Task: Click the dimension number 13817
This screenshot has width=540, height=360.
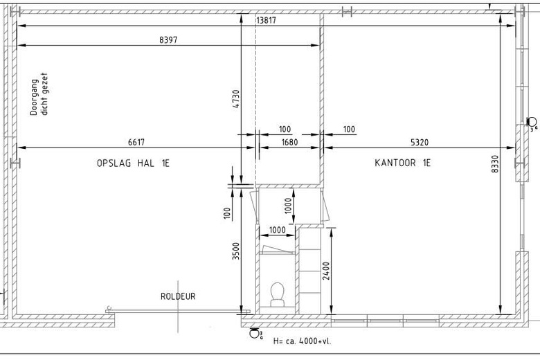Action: click(267, 20)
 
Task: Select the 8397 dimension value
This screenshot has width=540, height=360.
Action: click(168, 40)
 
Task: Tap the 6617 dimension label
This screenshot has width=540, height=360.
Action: click(136, 142)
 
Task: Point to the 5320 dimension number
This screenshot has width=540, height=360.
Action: click(420, 143)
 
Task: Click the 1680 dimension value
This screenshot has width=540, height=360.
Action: click(289, 143)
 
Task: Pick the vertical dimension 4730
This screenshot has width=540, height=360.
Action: click(236, 99)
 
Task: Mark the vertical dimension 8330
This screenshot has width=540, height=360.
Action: click(495, 164)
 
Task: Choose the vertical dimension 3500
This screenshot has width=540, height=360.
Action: click(236, 251)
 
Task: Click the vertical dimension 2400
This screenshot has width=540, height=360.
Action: click(327, 271)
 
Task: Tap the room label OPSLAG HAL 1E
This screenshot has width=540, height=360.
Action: click(134, 163)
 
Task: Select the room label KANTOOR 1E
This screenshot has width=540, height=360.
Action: click(403, 163)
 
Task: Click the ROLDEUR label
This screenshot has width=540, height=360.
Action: click(178, 296)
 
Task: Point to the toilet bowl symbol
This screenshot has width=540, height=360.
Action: click(277, 294)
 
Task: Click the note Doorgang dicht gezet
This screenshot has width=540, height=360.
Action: click(39, 94)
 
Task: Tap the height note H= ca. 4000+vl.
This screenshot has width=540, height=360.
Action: click(302, 341)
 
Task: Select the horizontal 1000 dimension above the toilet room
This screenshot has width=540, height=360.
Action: click(277, 230)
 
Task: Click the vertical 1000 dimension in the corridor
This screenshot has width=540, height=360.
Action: click(289, 206)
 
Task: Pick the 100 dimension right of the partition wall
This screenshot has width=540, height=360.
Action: click(349, 129)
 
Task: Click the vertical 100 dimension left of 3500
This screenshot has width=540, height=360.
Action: click(227, 213)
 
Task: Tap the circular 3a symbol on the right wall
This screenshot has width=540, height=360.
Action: click(532, 123)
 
